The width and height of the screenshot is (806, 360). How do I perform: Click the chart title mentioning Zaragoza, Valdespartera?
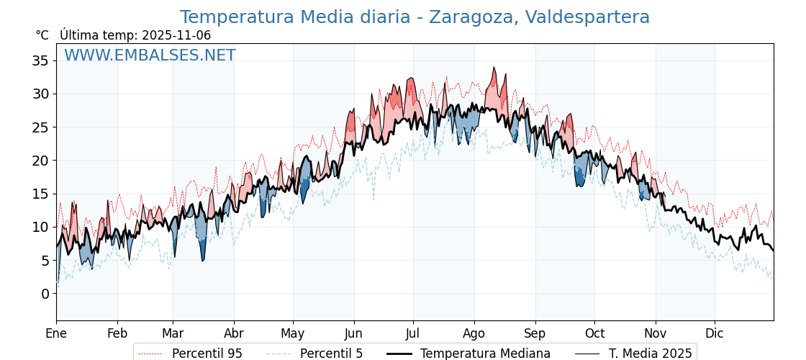[x=415, y=17]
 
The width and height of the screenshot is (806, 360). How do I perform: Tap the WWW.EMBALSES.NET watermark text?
[x=150, y=55]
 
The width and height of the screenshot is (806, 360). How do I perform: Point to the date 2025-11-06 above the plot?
[x=176, y=35]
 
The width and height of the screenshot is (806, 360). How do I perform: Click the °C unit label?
[x=42, y=35]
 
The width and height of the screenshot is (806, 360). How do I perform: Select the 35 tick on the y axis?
[x=40, y=60]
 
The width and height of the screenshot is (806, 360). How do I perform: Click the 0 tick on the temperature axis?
[x=45, y=294]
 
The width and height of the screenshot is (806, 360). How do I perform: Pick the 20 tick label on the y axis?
[x=40, y=161]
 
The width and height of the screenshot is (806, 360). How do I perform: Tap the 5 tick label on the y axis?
[x=45, y=261]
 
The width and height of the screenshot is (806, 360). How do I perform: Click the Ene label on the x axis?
[x=56, y=333]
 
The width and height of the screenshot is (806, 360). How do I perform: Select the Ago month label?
[x=474, y=333]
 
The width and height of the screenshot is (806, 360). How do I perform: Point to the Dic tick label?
[x=715, y=333]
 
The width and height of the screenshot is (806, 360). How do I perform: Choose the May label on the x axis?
[x=293, y=333]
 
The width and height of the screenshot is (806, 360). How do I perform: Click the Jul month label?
[x=413, y=333]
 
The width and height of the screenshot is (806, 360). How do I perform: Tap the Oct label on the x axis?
[x=594, y=333]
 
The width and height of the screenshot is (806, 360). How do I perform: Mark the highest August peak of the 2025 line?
[x=494, y=68]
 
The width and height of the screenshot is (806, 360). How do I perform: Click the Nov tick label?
[x=656, y=333]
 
